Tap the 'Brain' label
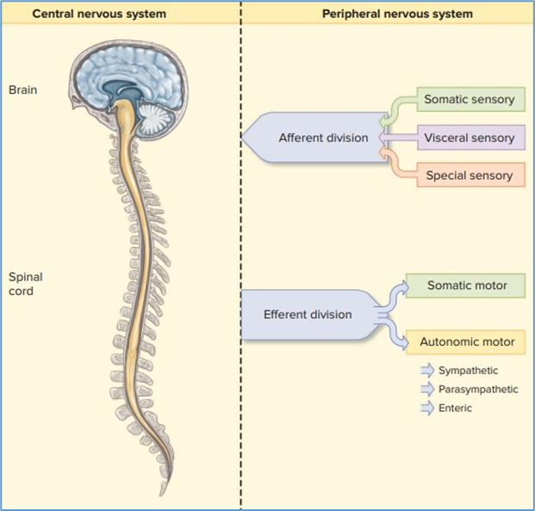22,89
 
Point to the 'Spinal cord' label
25,284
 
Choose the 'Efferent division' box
308,314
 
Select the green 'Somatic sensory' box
469,100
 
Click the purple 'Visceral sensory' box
469,138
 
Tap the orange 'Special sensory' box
469,175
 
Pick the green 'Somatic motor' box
467,286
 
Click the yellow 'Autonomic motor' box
467,342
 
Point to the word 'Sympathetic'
468,370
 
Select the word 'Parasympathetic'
478,389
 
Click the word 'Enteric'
455,408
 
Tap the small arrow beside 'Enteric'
426,408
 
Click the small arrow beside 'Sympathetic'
426,370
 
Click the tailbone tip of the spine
159,492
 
